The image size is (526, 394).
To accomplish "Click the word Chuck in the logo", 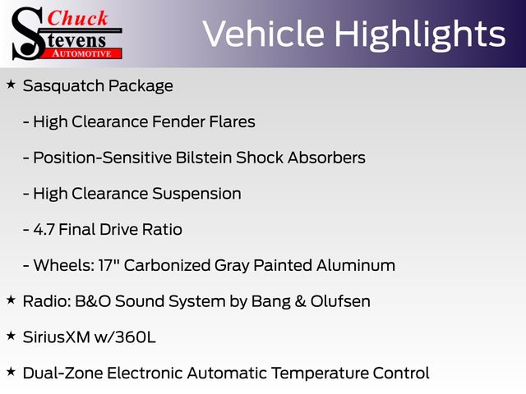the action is pyautogui.click(x=77, y=18).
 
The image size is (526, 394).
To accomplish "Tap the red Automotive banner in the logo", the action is pyautogui.click(x=82, y=53).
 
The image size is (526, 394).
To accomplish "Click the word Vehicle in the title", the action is pyautogui.click(x=264, y=34).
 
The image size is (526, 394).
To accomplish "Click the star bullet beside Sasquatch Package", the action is pyautogui.click(x=11, y=85).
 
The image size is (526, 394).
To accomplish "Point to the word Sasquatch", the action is pyautogui.click(x=63, y=86).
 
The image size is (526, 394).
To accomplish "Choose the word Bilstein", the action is pyautogui.click(x=204, y=158).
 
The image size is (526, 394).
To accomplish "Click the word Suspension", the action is pyautogui.click(x=196, y=194).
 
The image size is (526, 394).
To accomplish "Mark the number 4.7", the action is pyautogui.click(x=44, y=230).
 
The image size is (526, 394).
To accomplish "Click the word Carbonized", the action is pyautogui.click(x=167, y=266).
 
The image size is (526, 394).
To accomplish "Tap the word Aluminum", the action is pyautogui.click(x=356, y=265).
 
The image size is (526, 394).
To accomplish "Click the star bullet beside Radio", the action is pyautogui.click(x=11, y=300).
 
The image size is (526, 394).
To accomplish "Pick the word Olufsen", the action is pyautogui.click(x=340, y=301).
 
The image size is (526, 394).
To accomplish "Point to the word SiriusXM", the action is pyautogui.click(x=57, y=337).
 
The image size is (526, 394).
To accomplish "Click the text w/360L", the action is pyautogui.click(x=125, y=337).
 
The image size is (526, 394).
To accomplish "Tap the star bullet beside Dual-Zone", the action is pyautogui.click(x=11, y=372).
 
